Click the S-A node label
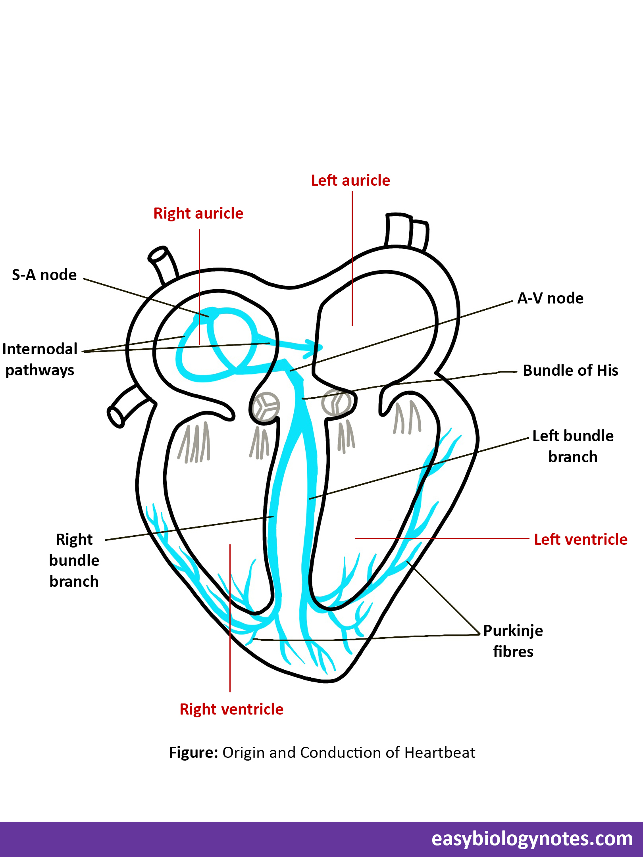(44, 275)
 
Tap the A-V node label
(550, 298)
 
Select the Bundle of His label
(570, 371)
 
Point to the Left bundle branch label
(573, 446)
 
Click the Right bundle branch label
(74, 560)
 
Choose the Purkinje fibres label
(513, 641)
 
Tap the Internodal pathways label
(40, 359)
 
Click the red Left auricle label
(350, 181)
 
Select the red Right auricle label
(198, 213)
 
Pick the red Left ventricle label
(581, 540)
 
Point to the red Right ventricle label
(231, 709)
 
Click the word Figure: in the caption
(193, 753)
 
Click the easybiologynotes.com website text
(532, 839)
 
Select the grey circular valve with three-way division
(266, 407)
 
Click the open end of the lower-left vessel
(116, 417)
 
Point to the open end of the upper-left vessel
(157, 255)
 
